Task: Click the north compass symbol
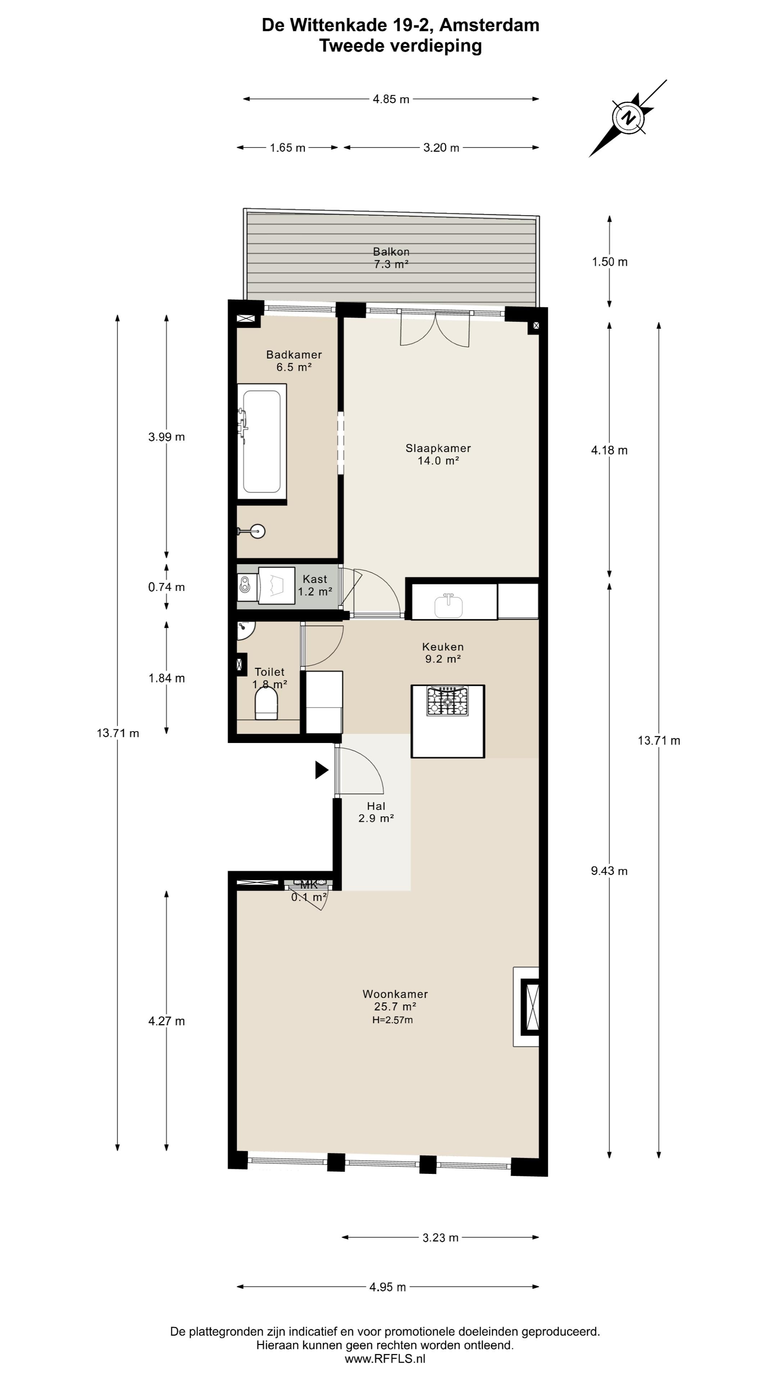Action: pos(627,118)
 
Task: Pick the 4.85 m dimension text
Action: pos(391,99)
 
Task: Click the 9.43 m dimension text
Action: pos(609,871)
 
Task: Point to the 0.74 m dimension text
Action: pos(166,587)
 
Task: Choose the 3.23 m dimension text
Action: pos(440,1238)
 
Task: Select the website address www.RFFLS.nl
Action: pos(385,1359)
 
